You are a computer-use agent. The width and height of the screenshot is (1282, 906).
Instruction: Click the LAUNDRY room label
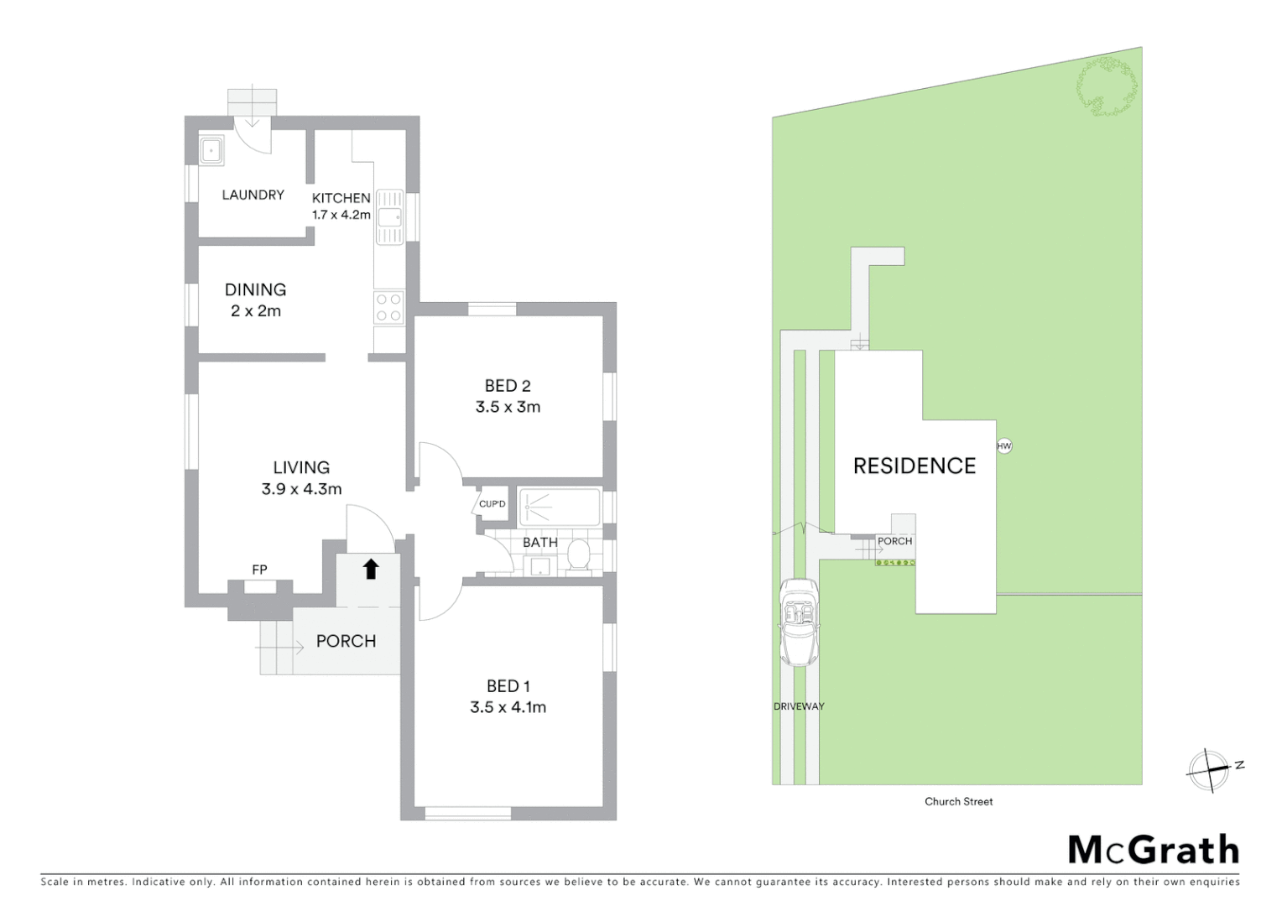(253, 195)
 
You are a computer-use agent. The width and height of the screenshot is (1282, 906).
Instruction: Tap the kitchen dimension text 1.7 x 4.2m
(341, 215)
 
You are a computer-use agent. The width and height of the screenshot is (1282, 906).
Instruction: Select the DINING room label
(255, 289)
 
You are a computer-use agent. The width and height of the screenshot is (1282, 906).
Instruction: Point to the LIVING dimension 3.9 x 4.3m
(301, 489)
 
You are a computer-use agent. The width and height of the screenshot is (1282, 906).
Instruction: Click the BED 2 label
(508, 386)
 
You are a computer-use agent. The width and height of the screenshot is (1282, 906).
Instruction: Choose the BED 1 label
(508, 686)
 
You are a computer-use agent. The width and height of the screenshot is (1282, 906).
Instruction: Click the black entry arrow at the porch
(370, 570)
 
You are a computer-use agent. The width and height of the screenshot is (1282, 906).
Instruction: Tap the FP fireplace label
(259, 570)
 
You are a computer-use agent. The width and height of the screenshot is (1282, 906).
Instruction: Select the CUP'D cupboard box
(492, 504)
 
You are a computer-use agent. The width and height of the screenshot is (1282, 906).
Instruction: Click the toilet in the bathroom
(578, 555)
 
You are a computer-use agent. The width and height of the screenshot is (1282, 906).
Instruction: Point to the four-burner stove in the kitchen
(388, 307)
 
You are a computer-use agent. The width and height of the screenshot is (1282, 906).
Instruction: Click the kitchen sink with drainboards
(389, 216)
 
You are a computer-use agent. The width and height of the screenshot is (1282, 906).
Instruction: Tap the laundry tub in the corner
(211, 150)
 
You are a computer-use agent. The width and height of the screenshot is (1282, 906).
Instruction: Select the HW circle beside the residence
(1004, 446)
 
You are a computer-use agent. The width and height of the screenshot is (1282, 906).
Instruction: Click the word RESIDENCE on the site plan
(915, 466)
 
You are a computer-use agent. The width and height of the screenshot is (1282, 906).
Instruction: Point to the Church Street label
(958, 802)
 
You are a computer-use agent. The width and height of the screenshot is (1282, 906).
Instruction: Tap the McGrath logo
(1153, 850)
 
